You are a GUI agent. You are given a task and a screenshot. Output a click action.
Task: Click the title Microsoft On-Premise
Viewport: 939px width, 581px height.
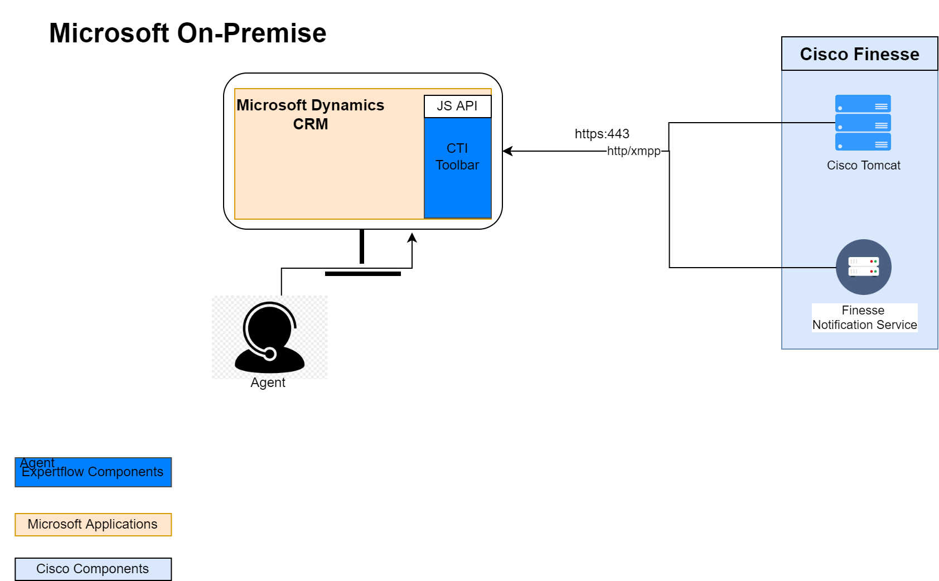pyautogui.click(x=187, y=33)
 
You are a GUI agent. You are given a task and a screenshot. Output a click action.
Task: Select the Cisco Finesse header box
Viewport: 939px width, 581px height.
pyautogui.click(x=859, y=54)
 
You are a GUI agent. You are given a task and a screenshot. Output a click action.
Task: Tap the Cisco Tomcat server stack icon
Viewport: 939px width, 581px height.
pyautogui.click(x=863, y=123)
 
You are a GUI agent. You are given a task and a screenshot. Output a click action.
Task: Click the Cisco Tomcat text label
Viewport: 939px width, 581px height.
pyautogui.click(x=863, y=166)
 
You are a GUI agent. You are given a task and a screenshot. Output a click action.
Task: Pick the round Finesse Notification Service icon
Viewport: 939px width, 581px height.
pyautogui.click(x=863, y=267)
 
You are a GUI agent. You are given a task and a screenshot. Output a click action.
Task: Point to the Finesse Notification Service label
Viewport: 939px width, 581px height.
pyautogui.click(x=864, y=318)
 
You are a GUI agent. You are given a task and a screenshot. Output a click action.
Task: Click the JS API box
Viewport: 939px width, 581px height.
pyautogui.click(x=457, y=106)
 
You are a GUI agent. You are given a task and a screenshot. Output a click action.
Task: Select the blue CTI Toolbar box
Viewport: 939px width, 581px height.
pyautogui.click(x=457, y=167)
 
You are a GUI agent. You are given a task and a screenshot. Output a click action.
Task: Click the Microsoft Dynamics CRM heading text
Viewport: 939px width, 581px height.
pyautogui.click(x=311, y=114)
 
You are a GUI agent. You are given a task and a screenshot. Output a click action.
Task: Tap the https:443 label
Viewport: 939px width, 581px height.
pyautogui.click(x=602, y=134)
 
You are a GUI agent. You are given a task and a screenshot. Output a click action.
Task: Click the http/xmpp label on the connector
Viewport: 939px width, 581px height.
pyautogui.click(x=633, y=151)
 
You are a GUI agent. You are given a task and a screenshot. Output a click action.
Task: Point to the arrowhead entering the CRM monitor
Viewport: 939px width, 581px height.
pyautogui.click(x=507, y=151)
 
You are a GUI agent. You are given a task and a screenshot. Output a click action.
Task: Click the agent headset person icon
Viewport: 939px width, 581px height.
pyautogui.click(x=269, y=337)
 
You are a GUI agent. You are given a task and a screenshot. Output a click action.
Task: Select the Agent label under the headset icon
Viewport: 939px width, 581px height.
pyautogui.click(x=268, y=383)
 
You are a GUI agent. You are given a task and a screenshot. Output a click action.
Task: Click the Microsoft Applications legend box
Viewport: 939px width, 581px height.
pyautogui.click(x=93, y=525)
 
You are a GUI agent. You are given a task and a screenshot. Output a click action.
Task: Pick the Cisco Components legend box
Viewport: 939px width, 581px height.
pyautogui.click(x=93, y=569)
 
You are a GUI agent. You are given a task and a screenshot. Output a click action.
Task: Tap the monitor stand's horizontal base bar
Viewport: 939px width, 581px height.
pyautogui.click(x=362, y=274)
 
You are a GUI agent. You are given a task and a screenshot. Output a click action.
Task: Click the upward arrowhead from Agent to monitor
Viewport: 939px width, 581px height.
pyautogui.click(x=412, y=238)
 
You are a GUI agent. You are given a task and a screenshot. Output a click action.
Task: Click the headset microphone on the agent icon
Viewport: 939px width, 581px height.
pyautogui.click(x=270, y=354)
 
